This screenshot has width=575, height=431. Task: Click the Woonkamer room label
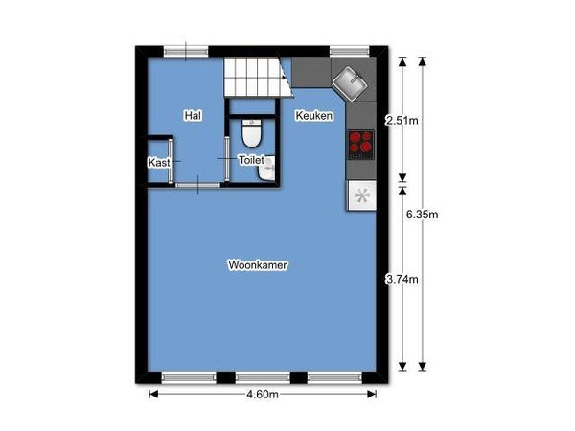[x=258, y=265]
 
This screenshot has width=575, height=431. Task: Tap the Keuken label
[x=314, y=116]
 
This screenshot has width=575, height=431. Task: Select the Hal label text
[x=193, y=116]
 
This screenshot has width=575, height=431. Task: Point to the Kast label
[x=159, y=163]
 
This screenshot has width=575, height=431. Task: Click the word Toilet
[x=251, y=160]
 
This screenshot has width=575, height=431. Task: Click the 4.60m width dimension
[x=263, y=395]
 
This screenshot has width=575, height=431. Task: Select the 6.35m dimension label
[x=422, y=215]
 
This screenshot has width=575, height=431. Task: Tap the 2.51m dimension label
[x=402, y=121]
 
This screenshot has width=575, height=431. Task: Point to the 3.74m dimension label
[x=402, y=280]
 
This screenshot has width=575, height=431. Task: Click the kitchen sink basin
[x=349, y=84]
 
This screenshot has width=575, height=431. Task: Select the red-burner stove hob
[x=361, y=145]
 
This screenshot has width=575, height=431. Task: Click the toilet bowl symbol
[x=252, y=133]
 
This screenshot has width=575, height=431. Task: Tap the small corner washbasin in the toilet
[x=267, y=169]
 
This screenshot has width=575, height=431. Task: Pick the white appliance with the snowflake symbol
[x=362, y=195]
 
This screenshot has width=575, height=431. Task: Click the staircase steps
[x=259, y=78]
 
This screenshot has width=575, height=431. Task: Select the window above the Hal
[x=186, y=52]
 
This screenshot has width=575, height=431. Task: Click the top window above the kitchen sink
[x=349, y=52]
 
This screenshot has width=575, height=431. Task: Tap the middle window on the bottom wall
[x=263, y=377]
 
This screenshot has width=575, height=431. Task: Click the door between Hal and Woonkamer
[x=198, y=185]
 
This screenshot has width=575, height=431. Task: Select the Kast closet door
[x=172, y=161]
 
